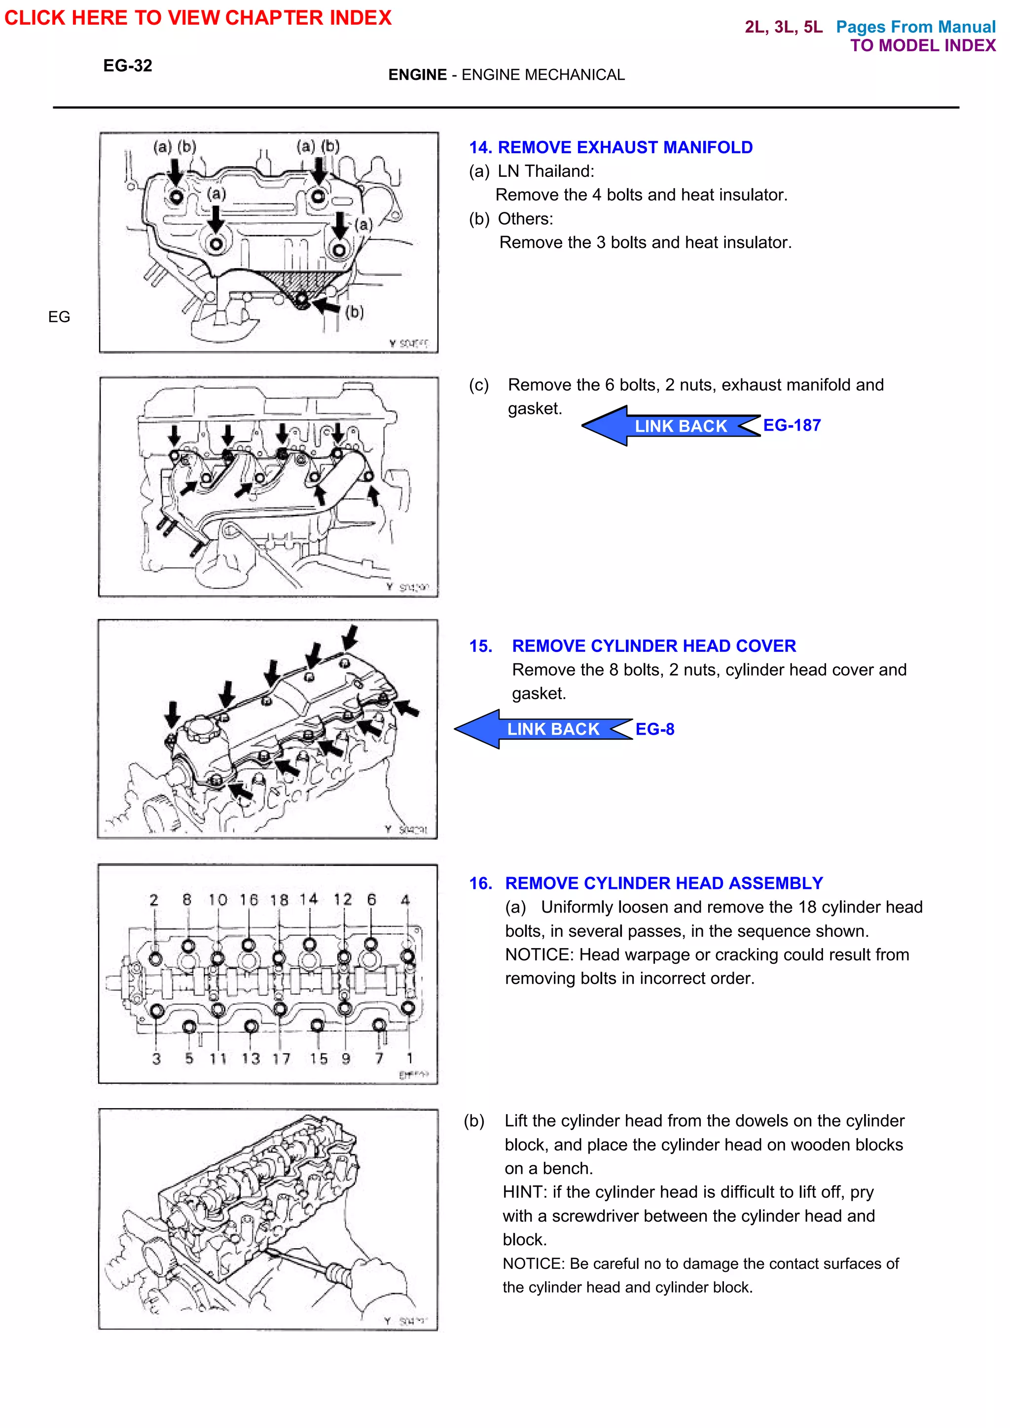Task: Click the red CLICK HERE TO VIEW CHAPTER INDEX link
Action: pyautogui.click(x=198, y=17)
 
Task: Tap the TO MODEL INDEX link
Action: pyautogui.click(x=922, y=45)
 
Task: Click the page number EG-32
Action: pyautogui.click(x=128, y=66)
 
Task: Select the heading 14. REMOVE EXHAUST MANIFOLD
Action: pyautogui.click(x=611, y=147)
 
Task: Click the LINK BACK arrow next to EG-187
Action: pyautogui.click(x=669, y=426)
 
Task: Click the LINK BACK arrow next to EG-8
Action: pyautogui.click(x=541, y=729)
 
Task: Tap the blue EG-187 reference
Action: pyautogui.click(x=792, y=425)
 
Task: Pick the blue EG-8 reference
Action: pyautogui.click(x=654, y=729)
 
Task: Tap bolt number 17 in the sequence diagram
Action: pyautogui.click(x=280, y=1008)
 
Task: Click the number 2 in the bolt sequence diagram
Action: pyautogui.click(x=154, y=900)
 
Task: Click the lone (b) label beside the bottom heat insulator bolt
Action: pyautogui.click(x=354, y=311)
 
